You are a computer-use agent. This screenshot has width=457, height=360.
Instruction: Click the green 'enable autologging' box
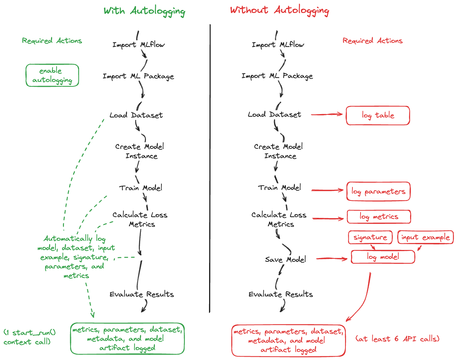(x=52, y=75)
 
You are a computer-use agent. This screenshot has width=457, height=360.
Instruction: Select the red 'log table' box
(x=378, y=116)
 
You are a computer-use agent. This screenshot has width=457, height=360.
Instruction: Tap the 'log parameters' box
(x=378, y=191)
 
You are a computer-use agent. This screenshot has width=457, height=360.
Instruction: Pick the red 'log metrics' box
(x=379, y=217)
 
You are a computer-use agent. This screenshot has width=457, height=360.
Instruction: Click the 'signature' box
(x=370, y=237)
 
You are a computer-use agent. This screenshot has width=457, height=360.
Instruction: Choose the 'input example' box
(x=425, y=237)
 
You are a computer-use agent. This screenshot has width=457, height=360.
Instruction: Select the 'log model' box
(x=383, y=257)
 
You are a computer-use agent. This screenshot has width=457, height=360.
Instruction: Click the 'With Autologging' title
(x=144, y=11)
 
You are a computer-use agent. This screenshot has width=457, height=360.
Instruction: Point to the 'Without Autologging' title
(x=279, y=10)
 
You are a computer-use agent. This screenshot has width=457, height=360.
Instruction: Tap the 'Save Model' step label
(x=285, y=260)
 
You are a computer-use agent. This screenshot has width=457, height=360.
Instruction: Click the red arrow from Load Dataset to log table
(x=327, y=114)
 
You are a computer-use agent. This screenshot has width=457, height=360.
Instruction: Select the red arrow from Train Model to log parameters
(x=327, y=190)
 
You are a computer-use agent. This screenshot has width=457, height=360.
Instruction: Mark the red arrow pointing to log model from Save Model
(x=331, y=258)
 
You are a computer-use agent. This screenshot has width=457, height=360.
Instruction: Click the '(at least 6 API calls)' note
(x=397, y=339)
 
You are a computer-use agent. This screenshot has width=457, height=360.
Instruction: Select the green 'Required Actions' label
(x=52, y=41)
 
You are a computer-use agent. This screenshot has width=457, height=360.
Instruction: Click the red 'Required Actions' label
(x=372, y=41)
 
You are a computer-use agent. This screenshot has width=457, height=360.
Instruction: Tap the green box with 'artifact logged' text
(x=127, y=339)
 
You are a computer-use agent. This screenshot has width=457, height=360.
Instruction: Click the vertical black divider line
(x=210, y=166)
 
